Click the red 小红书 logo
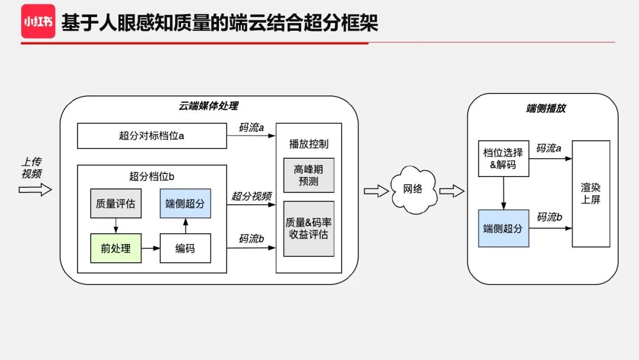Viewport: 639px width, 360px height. click(38, 21)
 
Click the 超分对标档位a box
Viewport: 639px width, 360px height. click(152, 136)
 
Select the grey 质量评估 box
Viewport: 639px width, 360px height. click(115, 204)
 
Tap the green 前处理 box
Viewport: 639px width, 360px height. click(115, 248)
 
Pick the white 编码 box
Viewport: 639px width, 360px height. click(185, 248)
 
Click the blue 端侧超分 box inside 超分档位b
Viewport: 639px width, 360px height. click(185, 204)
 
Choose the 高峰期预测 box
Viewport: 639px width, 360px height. click(309, 175)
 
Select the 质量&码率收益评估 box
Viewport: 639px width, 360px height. click(309, 229)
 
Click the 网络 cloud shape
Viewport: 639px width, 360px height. click(413, 189)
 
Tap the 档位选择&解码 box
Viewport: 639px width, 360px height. click(503, 159)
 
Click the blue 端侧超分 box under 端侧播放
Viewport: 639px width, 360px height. click(503, 228)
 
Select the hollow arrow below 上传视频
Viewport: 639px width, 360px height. click(35, 189)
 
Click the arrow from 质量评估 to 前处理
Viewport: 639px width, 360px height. click(115, 226)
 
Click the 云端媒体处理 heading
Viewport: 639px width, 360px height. click(209, 106)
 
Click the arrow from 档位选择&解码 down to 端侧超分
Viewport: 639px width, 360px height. click(503, 192)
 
